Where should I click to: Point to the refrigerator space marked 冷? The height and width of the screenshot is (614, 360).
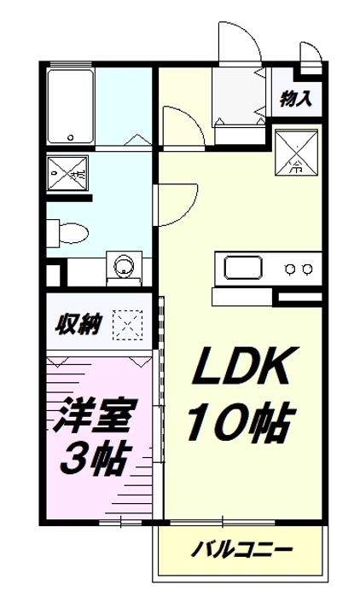[297, 152]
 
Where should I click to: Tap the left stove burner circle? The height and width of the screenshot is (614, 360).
[290, 269]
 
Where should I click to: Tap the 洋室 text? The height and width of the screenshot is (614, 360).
[96, 417]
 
